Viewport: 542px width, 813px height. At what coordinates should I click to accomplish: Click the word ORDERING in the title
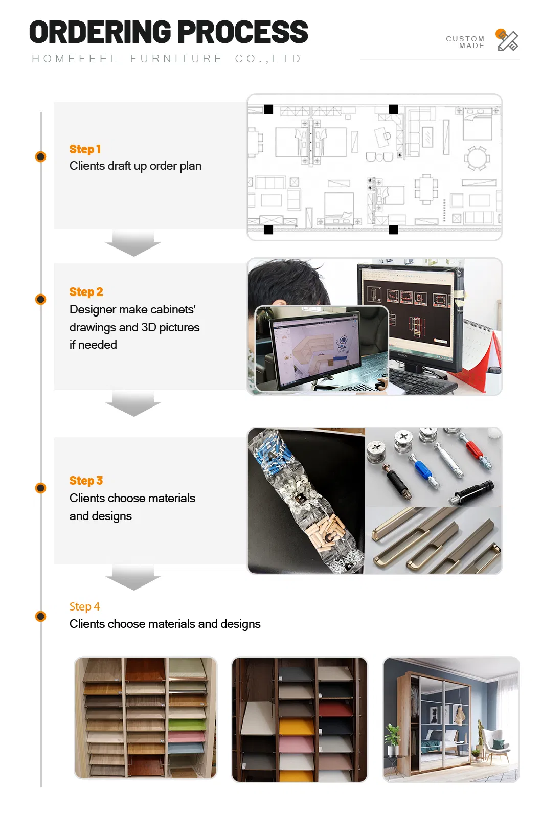100,32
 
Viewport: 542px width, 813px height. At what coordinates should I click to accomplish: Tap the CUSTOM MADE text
465,42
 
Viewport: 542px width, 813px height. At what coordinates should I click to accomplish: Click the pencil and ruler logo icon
507,40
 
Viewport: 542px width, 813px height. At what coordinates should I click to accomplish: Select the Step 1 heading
85,149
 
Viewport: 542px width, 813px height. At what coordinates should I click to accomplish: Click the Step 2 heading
86,292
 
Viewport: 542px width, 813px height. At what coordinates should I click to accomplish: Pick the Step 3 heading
86,481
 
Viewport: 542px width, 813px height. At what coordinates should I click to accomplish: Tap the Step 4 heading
84,607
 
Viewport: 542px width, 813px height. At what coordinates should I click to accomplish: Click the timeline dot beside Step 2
41,299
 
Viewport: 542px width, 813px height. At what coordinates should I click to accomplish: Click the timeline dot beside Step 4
41,616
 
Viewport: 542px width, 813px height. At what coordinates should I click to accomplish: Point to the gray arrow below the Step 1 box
133,243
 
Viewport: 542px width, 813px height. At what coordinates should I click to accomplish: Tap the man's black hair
286,281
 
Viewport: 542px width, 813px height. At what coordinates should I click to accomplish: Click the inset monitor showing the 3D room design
320,348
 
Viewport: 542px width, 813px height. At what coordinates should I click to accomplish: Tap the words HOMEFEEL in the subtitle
75,59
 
